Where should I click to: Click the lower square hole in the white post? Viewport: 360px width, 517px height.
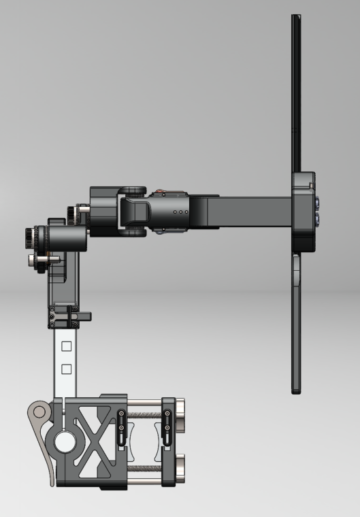tap(66, 369)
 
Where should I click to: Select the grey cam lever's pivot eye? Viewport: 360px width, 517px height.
tap(39, 410)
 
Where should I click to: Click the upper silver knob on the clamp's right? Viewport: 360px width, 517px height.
tap(180, 412)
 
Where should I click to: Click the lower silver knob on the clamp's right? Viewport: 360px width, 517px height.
tap(180, 469)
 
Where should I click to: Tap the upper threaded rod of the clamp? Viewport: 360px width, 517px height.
tap(144, 413)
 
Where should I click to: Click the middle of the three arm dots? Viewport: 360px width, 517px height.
tap(180, 212)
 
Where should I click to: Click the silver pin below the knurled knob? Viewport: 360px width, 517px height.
tap(34, 260)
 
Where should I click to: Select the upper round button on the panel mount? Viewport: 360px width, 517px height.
tap(318, 203)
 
